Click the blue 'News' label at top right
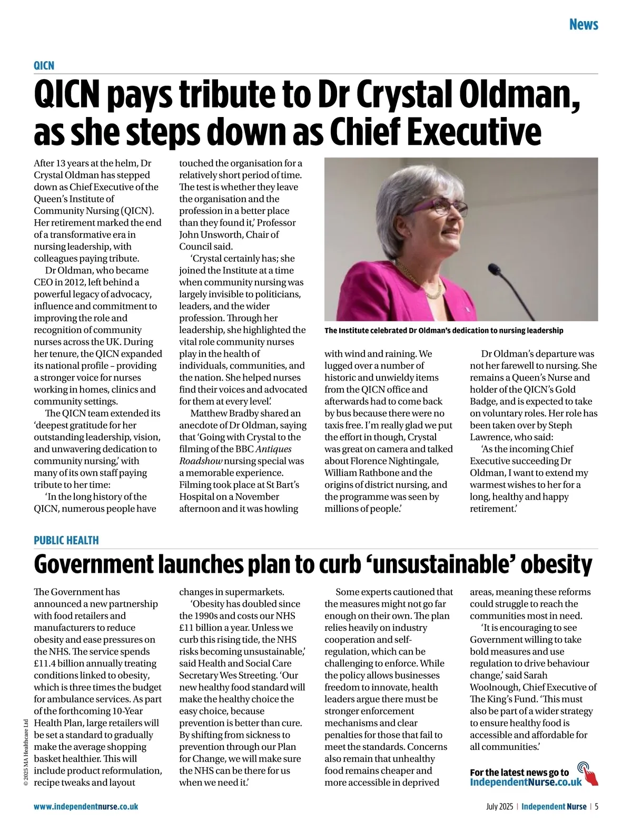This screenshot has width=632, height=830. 584,25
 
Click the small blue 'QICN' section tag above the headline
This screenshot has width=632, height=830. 44,65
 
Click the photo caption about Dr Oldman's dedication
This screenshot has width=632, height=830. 443,331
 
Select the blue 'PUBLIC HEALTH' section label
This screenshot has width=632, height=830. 66,540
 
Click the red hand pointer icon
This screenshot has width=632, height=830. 589,774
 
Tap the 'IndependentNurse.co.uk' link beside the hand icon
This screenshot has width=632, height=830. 526,782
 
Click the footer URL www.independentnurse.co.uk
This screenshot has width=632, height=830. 86,806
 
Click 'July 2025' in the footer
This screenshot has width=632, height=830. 499,806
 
